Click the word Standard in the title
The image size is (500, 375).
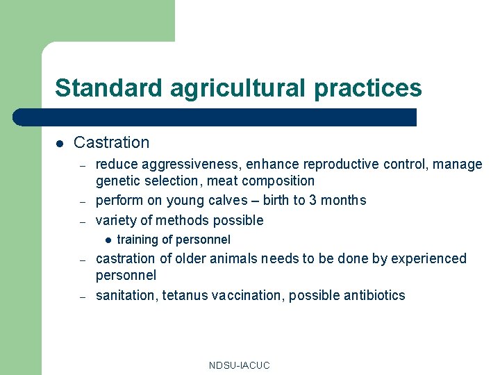pos(108,88)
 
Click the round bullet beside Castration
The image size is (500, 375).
pos(60,143)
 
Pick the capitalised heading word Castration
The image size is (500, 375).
pos(111,142)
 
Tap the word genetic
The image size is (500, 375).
pos(117,181)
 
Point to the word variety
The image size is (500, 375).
pos(116,221)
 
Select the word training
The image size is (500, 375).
pos(137,240)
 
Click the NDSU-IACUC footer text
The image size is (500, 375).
pos(239,365)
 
